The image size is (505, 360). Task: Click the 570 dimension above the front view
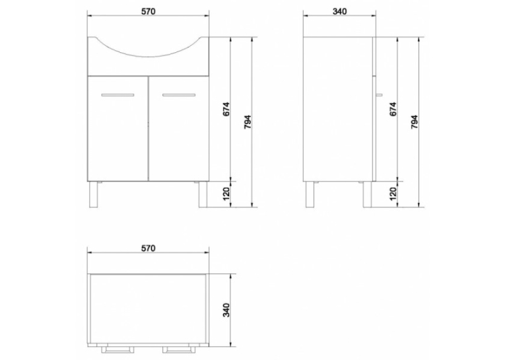(x=148, y=11)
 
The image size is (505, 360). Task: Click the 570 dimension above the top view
(x=148, y=248)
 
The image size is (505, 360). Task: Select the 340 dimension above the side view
(x=340, y=11)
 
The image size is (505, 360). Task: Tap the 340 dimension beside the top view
(x=226, y=310)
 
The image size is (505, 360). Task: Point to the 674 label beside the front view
(x=226, y=109)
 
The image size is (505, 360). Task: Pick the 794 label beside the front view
(x=248, y=122)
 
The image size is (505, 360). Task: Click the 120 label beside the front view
(x=226, y=193)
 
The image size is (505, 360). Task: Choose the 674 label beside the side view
(x=393, y=109)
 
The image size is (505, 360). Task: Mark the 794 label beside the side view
(x=414, y=122)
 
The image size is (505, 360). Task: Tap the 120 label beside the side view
(x=393, y=193)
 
